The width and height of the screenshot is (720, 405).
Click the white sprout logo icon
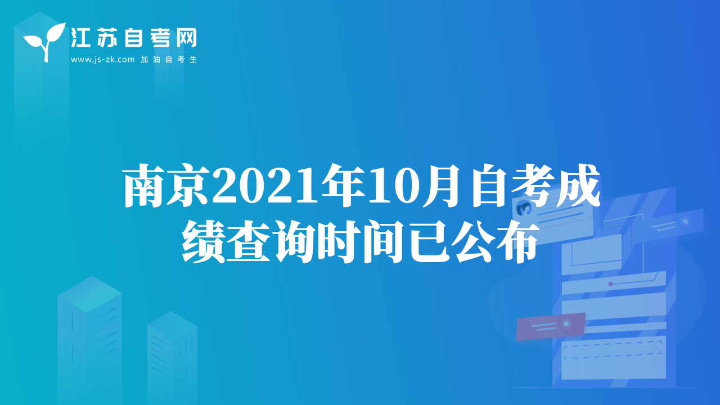click(46, 42)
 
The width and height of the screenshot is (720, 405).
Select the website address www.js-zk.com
click(102, 60)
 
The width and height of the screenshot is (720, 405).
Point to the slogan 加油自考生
click(169, 60)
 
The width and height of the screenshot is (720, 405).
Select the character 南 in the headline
click(145, 186)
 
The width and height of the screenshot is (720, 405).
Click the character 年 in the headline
click(343, 186)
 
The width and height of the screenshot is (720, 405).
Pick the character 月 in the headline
click(441, 186)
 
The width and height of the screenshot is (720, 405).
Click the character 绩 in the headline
click(203, 242)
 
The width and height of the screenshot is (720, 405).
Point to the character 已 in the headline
click(429, 242)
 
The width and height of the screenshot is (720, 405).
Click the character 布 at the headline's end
click(517, 242)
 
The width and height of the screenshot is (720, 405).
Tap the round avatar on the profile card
click(524, 209)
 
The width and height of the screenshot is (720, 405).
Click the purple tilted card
click(550, 326)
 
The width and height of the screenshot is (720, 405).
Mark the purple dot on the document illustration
click(611, 284)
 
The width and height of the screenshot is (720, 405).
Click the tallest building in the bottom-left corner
click(89, 340)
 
